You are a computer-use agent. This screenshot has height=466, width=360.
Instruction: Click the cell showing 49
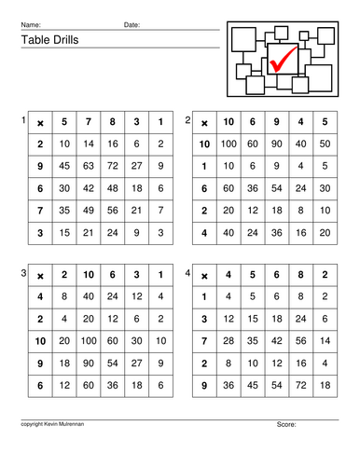89,210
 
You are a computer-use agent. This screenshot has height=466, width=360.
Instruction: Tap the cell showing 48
113,189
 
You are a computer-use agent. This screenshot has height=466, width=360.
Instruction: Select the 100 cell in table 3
89,340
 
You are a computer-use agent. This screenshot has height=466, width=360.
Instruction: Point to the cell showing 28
228,340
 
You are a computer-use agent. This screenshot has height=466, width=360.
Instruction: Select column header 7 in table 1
89,123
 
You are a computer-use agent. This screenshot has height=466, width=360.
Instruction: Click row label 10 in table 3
40,340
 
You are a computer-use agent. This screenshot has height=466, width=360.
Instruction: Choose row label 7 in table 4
203,340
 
